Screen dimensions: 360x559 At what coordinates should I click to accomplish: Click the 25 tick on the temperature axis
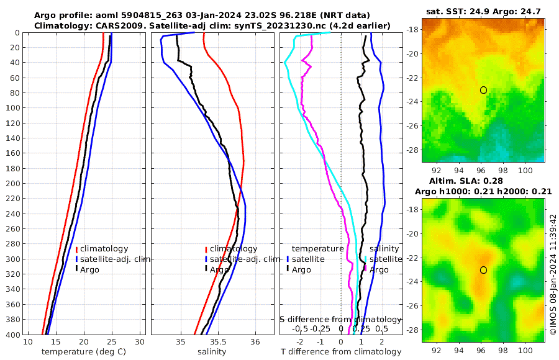(112, 342)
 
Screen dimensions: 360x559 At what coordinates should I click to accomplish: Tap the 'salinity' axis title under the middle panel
(212, 352)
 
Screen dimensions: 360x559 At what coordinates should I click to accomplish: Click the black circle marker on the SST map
(483, 90)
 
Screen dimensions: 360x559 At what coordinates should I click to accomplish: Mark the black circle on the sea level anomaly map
(483, 270)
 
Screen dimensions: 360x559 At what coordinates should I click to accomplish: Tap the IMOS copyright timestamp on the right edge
(553, 275)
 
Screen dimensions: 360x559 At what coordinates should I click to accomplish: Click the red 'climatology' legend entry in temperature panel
(104, 249)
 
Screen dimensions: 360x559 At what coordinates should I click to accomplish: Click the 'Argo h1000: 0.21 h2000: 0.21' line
(483, 191)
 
